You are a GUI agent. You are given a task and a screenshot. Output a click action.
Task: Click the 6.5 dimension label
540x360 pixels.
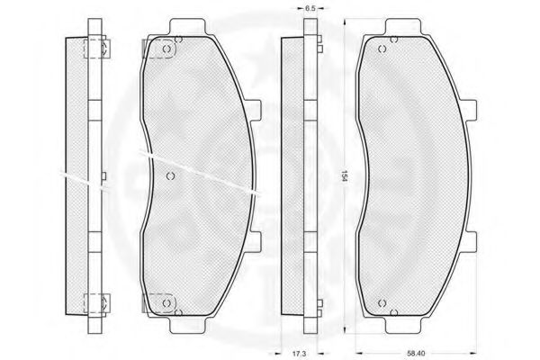point(310,8)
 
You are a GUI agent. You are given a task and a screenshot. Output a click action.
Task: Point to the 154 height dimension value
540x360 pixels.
point(344,175)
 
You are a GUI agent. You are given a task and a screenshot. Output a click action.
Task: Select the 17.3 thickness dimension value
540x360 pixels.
point(299,354)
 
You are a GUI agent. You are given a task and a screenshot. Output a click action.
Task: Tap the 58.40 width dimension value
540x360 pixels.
point(416,354)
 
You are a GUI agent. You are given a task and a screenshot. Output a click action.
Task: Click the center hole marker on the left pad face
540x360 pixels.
point(170,176)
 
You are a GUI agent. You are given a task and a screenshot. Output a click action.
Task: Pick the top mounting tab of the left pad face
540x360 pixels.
point(187,27)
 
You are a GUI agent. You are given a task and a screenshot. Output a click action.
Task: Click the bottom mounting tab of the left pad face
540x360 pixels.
point(187,325)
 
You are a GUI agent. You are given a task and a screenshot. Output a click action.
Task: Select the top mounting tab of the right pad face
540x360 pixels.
point(403,27)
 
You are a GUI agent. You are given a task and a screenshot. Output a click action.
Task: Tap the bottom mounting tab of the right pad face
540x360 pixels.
point(403,325)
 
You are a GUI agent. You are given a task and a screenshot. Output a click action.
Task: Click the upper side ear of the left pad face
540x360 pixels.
point(256,110)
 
